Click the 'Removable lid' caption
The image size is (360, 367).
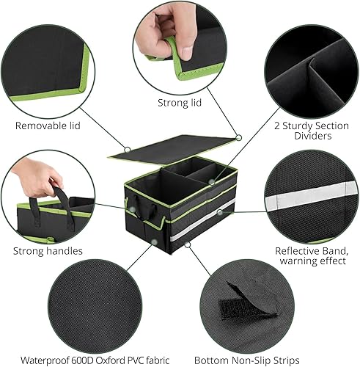pyautogui.click(x=48, y=126)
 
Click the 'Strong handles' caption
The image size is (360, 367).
pyautogui.click(x=48, y=251)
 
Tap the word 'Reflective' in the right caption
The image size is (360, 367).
pyautogui.click(x=299, y=250)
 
